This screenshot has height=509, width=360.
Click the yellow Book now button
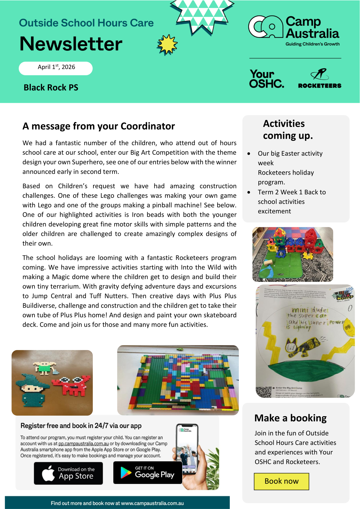(x=281, y=481)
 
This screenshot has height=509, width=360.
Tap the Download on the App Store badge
(x=68, y=473)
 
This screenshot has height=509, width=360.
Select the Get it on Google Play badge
(x=148, y=472)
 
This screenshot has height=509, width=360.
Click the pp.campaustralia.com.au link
(x=83, y=444)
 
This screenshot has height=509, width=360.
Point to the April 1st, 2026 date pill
(x=56, y=68)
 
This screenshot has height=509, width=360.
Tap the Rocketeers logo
(x=319, y=79)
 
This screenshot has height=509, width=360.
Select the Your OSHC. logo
(x=266, y=79)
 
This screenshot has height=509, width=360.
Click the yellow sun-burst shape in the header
(x=167, y=45)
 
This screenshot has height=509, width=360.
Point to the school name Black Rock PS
(x=51, y=88)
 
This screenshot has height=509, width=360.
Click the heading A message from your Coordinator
(x=99, y=126)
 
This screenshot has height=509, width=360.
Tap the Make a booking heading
(x=290, y=418)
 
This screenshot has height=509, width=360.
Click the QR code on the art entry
(x=264, y=392)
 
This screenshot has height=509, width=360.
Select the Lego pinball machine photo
(x=178, y=380)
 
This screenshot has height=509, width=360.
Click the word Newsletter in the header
(x=71, y=44)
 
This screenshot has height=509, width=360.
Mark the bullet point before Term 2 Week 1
(x=249, y=192)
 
